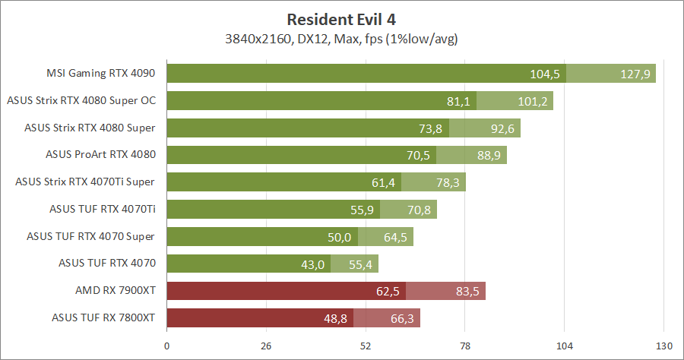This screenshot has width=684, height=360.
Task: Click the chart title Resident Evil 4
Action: (x=342, y=18)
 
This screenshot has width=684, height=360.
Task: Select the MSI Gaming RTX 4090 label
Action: (x=100, y=74)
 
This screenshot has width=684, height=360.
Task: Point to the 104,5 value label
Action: (x=545, y=74)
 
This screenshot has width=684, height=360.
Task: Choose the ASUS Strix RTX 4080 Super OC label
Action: (x=81, y=100)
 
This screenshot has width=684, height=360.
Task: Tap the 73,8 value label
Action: (x=428, y=128)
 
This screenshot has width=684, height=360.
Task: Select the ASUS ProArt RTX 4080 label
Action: (x=100, y=155)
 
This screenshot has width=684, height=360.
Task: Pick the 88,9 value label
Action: (x=487, y=156)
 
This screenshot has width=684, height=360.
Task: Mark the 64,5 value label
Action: (x=396, y=237)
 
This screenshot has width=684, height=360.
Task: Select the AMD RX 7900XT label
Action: (x=116, y=291)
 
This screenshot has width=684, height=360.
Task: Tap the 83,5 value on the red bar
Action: (x=466, y=292)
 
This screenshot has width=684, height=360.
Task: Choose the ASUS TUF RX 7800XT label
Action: (x=104, y=318)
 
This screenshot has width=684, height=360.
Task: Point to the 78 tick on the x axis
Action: (x=465, y=346)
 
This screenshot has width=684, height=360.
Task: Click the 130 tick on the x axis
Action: (x=664, y=346)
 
